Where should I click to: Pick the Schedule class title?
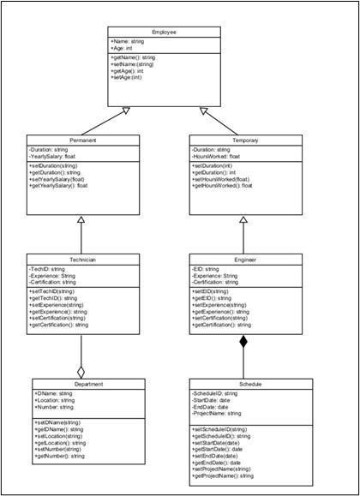click(x=245, y=385)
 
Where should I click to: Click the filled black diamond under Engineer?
click(x=243, y=344)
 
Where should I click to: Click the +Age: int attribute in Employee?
click(x=123, y=49)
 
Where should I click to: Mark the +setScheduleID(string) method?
click(x=221, y=428)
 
